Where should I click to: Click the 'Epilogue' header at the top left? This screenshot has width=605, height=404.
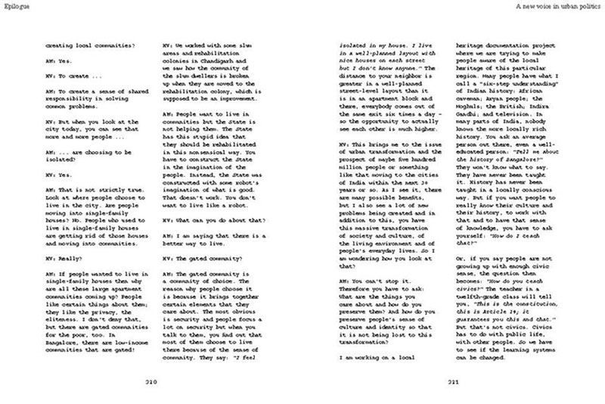pyautogui.click(x=16, y=6)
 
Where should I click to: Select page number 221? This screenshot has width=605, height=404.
pyautogui.click(x=453, y=382)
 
